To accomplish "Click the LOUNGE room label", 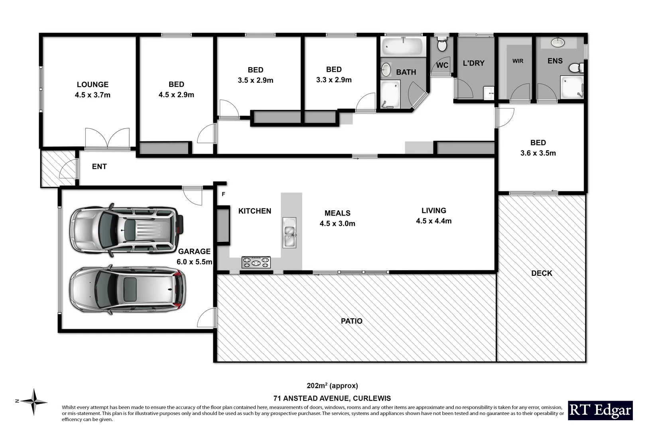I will coord(93,85).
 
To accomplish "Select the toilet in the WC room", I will coord(442,45).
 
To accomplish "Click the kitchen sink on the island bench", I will coord(289,232).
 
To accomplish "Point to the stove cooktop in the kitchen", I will coord(256,262).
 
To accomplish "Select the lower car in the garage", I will coord(128,289).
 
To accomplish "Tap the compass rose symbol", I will coord(35,401).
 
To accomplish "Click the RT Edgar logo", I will coord(600,410).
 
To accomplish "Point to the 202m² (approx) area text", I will coord(332,386).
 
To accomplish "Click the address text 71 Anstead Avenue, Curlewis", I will coord(332,398).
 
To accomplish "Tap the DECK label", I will coord(542,273).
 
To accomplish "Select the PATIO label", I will coord(351,321).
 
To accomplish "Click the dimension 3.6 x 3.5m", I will coord(538,153).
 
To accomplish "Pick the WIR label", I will coord(518,61).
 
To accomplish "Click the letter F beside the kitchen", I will coord(223,194).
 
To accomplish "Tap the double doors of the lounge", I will coord(107,139).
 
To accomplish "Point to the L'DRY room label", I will coord(473,63).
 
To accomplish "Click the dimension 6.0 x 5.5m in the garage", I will coord(194,262).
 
